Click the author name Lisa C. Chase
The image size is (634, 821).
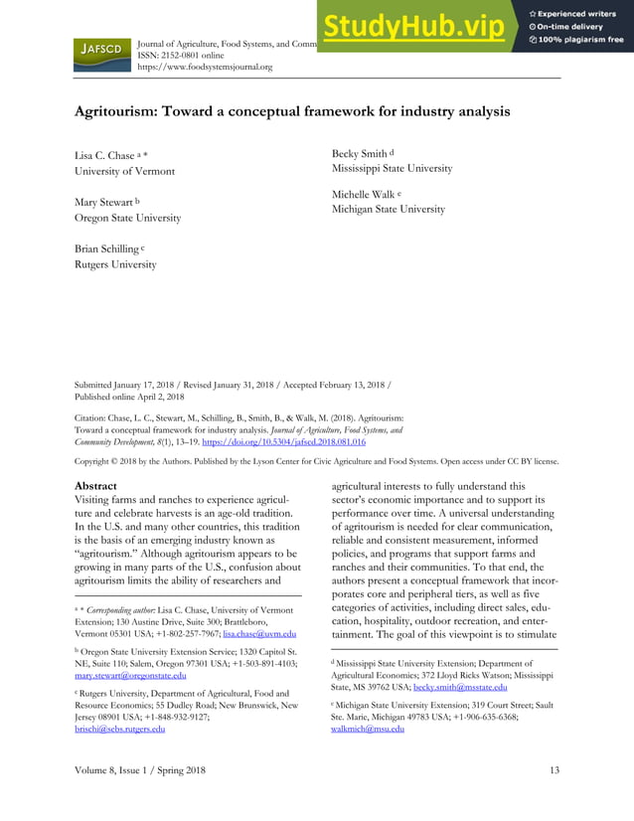click(x=104, y=156)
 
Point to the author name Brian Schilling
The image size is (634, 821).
click(x=106, y=248)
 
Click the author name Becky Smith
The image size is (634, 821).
click(x=359, y=154)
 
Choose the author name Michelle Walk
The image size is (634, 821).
click(x=367, y=195)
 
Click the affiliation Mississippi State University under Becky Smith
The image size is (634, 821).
click(x=391, y=169)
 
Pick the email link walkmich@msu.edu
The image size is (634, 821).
click(x=367, y=729)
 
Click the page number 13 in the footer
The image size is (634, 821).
click(x=554, y=771)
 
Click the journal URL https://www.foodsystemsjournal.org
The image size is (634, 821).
click(x=204, y=67)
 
